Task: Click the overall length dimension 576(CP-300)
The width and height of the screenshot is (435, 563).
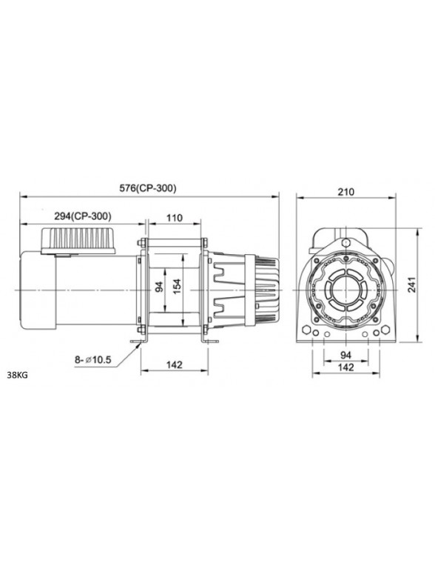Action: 148,187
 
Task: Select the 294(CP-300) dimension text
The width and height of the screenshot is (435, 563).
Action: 83,216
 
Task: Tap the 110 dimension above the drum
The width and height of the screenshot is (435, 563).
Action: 175,218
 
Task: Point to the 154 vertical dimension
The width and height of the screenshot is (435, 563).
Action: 178,286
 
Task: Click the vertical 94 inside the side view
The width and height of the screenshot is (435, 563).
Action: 159,286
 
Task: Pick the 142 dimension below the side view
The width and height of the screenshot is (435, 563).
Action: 175,364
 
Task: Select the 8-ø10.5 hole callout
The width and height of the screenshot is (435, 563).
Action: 93,359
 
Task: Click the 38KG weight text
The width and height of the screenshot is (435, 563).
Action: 17,376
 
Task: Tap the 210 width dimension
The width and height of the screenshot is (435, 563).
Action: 346,192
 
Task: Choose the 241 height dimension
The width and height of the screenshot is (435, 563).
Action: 412,284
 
